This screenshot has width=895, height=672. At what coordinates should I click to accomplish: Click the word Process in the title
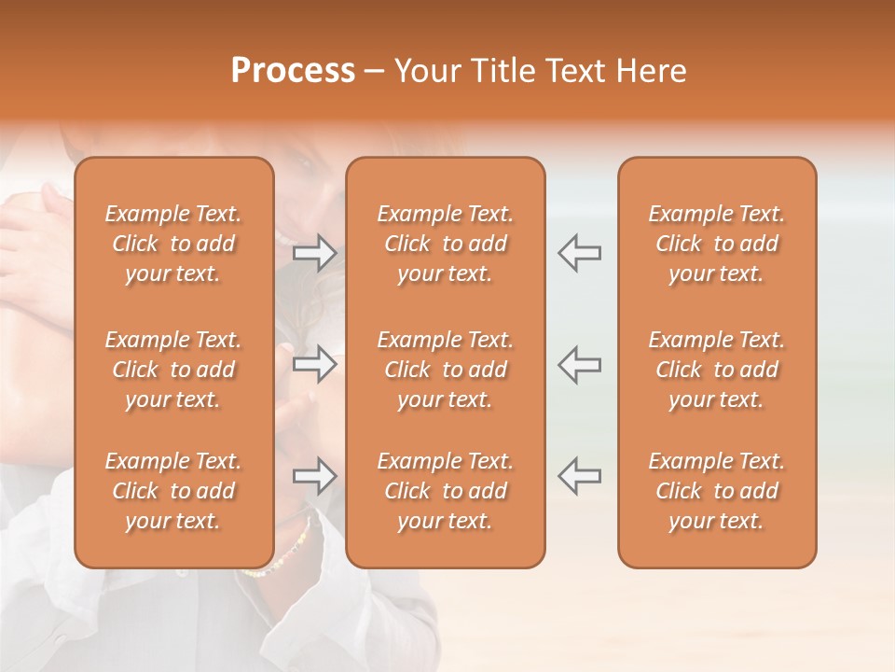tap(293, 71)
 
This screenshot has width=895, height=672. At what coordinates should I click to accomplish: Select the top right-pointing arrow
tap(315, 252)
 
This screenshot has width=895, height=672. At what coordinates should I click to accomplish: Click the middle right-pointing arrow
tap(315, 364)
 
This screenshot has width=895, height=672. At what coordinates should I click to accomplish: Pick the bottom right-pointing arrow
tap(315, 476)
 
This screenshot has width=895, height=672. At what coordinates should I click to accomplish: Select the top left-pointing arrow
tap(579, 252)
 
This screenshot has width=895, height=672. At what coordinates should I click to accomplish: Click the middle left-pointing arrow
tap(579, 364)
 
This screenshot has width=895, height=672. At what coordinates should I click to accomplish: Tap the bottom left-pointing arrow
tap(579, 476)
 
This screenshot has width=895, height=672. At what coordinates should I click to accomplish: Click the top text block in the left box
tap(173, 244)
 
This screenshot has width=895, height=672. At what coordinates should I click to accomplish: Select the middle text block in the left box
tap(173, 370)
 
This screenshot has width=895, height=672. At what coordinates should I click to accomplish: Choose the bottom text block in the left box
tap(173, 491)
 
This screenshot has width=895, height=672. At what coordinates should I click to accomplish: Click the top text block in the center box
tap(446, 244)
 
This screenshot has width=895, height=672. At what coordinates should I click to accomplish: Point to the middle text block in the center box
tap(446, 370)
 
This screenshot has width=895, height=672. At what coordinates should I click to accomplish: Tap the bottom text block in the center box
tap(446, 491)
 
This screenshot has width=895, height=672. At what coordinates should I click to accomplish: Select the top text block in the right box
tap(717, 244)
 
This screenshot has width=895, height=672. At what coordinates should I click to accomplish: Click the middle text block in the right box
tap(717, 370)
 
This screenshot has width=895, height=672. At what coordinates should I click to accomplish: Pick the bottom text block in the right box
tap(717, 491)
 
